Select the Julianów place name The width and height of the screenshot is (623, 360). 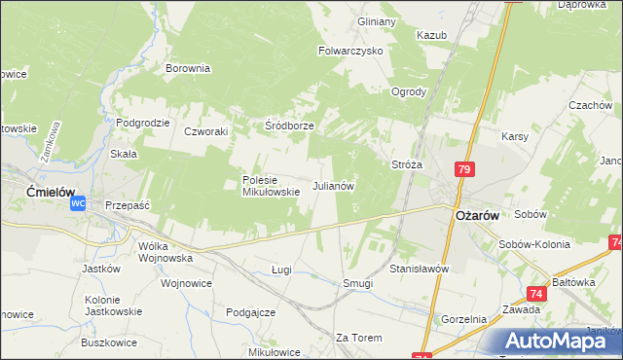tap(332, 185)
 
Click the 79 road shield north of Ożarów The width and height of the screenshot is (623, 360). tap(464, 170)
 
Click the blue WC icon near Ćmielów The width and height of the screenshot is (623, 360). tap(79, 204)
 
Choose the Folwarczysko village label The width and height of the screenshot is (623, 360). tap(350, 51)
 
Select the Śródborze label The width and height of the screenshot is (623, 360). tap(289, 126)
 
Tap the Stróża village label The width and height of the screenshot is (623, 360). tap(406, 165)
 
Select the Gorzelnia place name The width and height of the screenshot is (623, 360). tap(463, 319)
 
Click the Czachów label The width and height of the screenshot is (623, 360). tap(590, 105)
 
